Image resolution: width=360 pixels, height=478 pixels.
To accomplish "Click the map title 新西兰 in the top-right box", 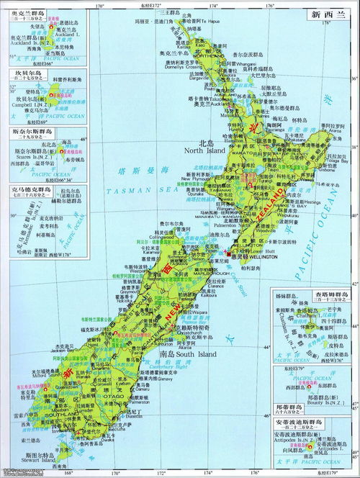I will click(322, 14).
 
